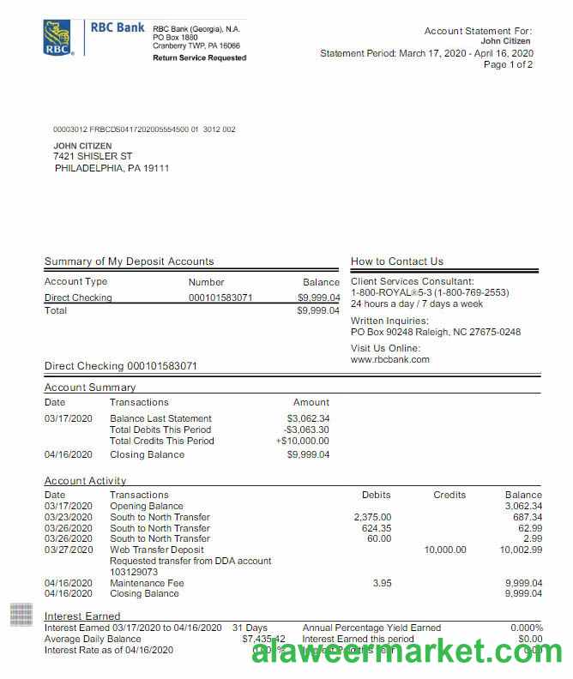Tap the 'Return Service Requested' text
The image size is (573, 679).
[199, 58]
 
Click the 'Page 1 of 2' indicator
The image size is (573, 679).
[508, 64]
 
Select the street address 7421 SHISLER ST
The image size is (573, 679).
[93, 157]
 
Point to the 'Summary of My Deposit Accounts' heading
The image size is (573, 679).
[129, 261]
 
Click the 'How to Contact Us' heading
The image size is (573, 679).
[397, 261]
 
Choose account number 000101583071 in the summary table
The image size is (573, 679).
[220, 297]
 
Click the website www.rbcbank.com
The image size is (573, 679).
[390, 359]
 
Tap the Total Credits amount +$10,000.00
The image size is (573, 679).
[302, 441]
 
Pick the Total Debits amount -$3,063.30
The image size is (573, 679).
[306, 430]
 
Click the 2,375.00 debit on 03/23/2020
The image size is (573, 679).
[372, 517]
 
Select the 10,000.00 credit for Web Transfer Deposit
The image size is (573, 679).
[445, 550]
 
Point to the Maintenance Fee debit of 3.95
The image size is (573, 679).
[382, 583]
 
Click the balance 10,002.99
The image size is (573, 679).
[518, 550]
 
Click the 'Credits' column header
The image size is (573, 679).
[449, 495]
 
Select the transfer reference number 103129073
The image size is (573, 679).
[134, 571]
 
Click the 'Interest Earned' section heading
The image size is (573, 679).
[82, 616]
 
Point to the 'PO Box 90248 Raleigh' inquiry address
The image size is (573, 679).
[435, 332]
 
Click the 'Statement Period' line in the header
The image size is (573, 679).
[426, 53]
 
